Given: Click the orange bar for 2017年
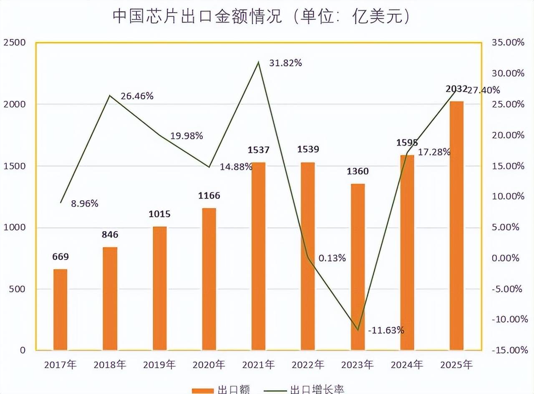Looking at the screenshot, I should click(x=60, y=310).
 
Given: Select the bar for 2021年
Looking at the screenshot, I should click(x=259, y=256).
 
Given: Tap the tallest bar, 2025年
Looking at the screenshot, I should click(x=457, y=225).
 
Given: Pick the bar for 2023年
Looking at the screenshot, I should click(x=358, y=267).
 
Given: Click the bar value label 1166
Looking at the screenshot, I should click(x=209, y=196).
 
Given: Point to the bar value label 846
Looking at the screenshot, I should click(x=110, y=235).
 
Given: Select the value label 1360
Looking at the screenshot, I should click(x=358, y=172).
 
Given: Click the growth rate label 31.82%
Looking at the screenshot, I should click(x=285, y=63).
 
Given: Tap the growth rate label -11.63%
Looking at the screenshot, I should click(x=386, y=330).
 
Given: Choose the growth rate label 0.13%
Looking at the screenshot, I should click(x=332, y=258).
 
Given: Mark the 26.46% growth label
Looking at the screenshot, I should click(x=137, y=96).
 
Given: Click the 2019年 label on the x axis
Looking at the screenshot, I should click(x=159, y=365).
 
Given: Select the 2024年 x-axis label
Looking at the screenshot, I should click(x=407, y=365).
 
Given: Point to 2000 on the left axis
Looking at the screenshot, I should click(x=15, y=104).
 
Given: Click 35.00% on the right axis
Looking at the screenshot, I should click(x=507, y=43).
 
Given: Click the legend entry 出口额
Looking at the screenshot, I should click(x=221, y=390).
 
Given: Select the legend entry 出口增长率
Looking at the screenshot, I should click(x=305, y=390).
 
